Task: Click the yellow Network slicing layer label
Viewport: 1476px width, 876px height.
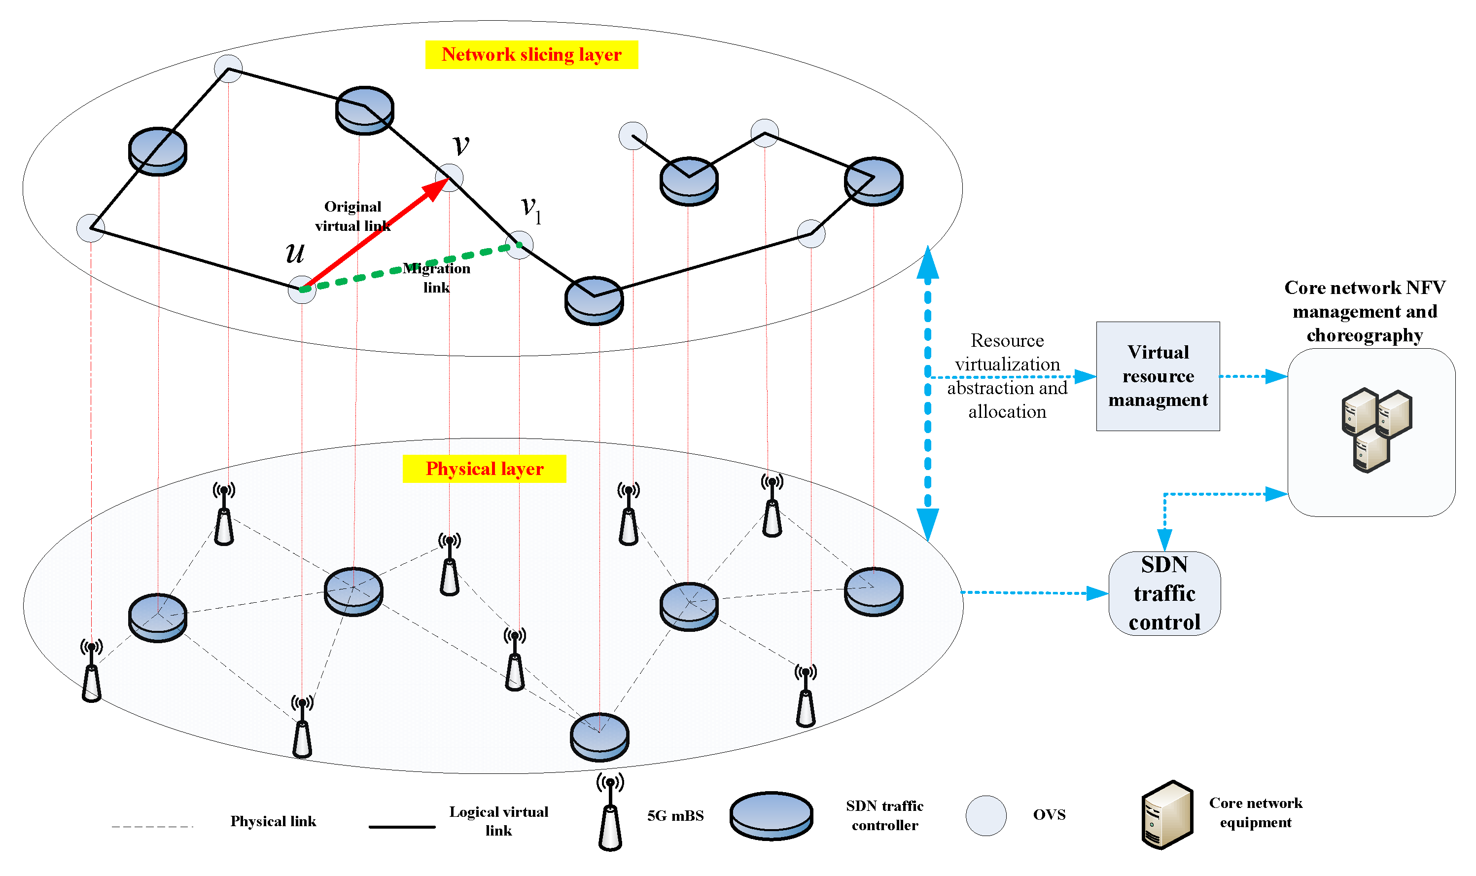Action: click(531, 55)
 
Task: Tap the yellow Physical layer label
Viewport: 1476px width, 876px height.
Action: click(484, 469)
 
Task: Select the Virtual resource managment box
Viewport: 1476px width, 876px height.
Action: click(1158, 376)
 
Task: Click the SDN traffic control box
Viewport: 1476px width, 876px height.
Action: click(1164, 593)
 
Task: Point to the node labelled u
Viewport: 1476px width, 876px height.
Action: click(302, 289)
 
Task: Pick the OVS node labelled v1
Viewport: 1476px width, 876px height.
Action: click(519, 245)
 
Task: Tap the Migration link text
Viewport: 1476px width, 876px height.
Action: click(437, 277)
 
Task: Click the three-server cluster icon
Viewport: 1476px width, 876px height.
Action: click(1376, 430)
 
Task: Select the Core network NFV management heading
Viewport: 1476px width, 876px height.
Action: click(1365, 311)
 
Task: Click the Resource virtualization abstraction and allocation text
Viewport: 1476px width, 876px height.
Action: click(1007, 376)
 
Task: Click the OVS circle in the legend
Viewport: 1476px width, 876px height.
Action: click(986, 815)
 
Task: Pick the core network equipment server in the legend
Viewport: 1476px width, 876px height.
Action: click(1166, 815)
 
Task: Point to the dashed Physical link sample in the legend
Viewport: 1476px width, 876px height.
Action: click(152, 826)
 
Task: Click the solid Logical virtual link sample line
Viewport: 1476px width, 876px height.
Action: click(402, 826)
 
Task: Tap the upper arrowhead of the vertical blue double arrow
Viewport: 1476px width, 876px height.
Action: click(927, 263)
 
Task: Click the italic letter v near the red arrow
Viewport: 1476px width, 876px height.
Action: click(461, 145)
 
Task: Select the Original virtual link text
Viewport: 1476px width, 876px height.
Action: click(353, 216)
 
